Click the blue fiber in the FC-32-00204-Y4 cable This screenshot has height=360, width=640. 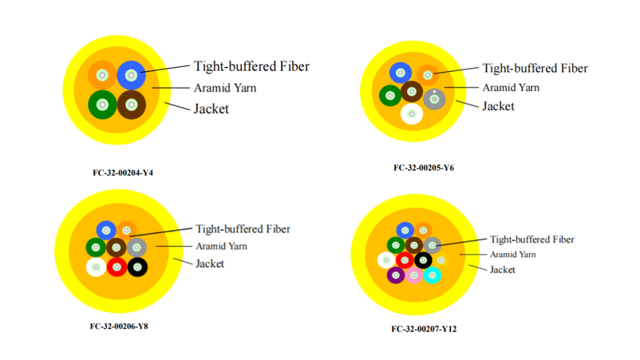[x=131, y=75]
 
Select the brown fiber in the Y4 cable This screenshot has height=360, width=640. [x=132, y=105]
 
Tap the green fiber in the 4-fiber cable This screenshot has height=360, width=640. [x=102, y=105]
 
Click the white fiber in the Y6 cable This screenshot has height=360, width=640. [x=412, y=114]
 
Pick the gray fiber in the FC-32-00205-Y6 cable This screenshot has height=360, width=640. [x=434, y=99]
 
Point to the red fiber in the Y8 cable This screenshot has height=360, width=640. [x=117, y=267]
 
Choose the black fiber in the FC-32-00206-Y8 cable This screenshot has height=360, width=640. [x=137, y=267]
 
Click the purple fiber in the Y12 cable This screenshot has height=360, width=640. [x=396, y=275]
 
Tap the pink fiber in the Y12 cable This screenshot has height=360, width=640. [x=414, y=275]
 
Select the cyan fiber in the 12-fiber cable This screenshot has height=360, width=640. [x=433, y=275]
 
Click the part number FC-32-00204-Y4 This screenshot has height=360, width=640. [x=123, y=172]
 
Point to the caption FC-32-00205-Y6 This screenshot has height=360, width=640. [x=424, y=168]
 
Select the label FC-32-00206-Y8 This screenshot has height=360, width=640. [x=119, y=326]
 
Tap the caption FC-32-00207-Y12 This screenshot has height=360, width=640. [x=424, y=329]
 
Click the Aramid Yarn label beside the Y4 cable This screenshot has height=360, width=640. [x=225, y=88]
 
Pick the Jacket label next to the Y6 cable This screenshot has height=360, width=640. [x=498, y=106]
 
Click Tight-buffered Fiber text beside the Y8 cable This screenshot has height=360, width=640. [x=243, y=229]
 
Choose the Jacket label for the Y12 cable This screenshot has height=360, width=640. [x=503, y=269]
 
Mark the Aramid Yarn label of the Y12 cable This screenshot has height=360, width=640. [x=512, y=255]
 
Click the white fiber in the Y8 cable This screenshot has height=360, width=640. [x=96, y=267]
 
